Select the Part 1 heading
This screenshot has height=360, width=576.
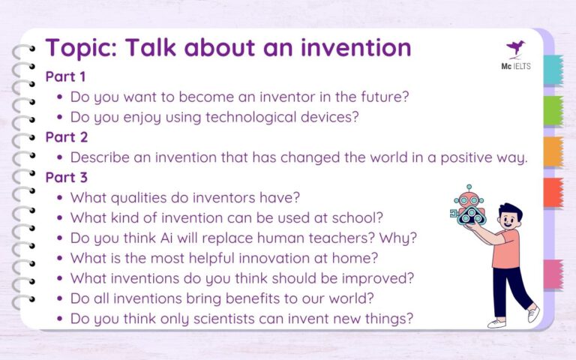tap(65, 76)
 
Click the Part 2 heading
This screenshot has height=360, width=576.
tap(66, 137)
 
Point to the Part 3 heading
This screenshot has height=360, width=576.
tap(66, 178)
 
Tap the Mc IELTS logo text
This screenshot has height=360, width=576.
tap(516, 67)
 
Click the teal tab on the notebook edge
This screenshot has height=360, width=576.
tap(552, 70)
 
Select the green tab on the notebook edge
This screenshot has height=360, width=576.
tap(552, 110)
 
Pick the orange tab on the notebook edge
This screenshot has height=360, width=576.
tap(552, 151)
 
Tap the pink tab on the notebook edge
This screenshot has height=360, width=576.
tap(552, 274)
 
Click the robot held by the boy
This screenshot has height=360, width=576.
tap(470, 207)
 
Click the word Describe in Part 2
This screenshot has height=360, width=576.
tap(100, 157)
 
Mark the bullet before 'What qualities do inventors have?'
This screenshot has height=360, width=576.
tap(60, 198)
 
